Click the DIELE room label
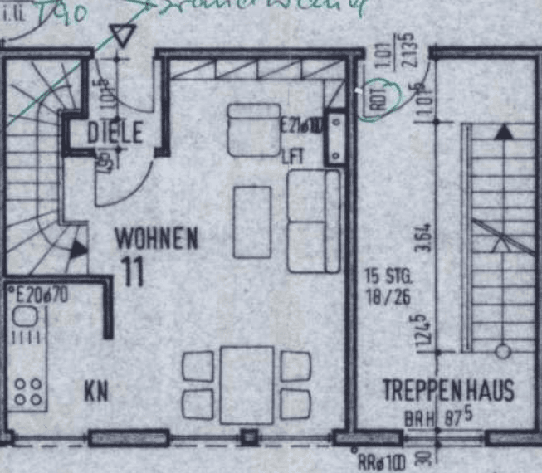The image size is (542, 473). point(115,132)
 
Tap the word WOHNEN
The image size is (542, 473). point(157,239)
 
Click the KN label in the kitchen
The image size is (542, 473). point(95,392)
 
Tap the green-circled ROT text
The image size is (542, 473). point(378,100)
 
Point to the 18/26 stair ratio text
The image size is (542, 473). point(386,294)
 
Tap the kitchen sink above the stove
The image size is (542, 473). point(23,319)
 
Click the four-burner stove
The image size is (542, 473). point(28,392)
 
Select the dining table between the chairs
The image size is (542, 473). point(247,384)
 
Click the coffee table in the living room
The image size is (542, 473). point(252,222)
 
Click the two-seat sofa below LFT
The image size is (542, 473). point(314,221)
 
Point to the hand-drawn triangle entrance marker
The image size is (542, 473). point(123,36)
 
